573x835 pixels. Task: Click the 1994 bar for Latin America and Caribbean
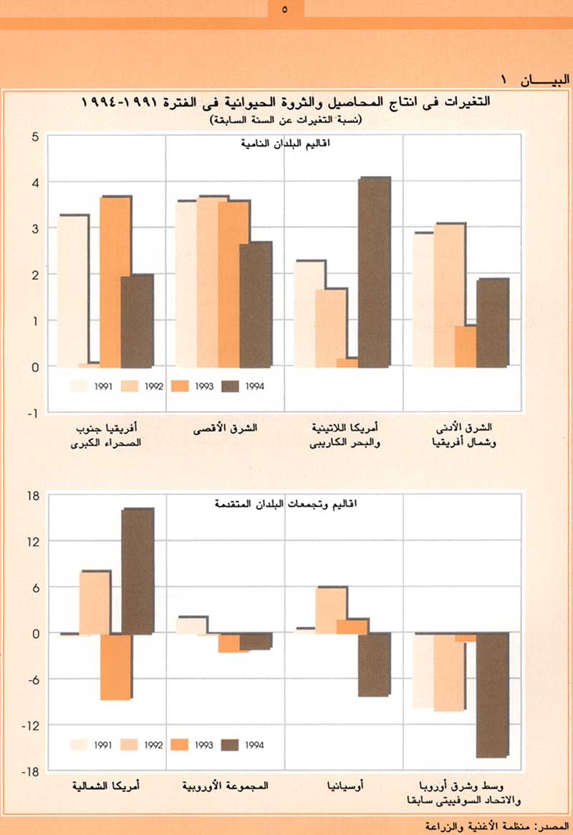click(374, 272)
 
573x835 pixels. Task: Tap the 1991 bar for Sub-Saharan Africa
click(72, 290)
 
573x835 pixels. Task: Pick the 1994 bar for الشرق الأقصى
click(256, 304)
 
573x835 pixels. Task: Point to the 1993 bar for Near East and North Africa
click(466, 346)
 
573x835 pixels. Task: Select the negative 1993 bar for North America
click(115, 666)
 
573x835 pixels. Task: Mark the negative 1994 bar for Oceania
click(374, 664)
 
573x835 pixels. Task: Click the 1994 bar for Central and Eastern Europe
click(492, 695)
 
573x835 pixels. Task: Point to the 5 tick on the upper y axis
click(34, 136)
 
